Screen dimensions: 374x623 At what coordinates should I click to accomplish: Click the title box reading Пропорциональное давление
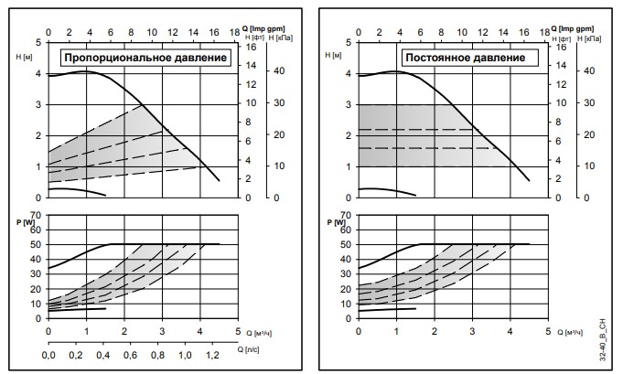[x=145, y=58]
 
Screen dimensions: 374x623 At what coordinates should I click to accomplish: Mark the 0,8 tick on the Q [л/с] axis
[x=157, y=356]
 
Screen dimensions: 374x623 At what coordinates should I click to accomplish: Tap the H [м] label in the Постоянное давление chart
[x=333, y=56]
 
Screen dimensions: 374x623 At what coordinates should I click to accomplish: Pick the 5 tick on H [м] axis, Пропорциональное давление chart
[x=38, y=42]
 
